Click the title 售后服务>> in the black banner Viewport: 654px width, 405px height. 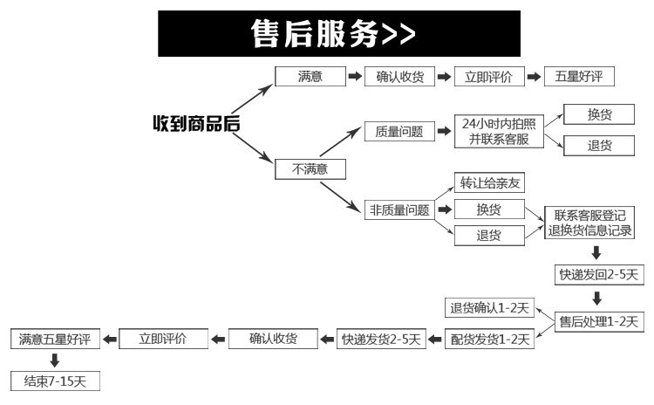point(333,33)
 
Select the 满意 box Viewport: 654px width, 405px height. point(310,77)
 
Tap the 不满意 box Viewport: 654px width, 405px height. point(310,169)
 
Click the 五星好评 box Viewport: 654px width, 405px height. point(579,77)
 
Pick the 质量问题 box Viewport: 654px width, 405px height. point(399,131)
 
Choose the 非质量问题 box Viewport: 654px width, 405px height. point(399,209)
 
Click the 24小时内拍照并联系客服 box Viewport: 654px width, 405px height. point(499,131)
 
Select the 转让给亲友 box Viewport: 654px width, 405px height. point(489,182)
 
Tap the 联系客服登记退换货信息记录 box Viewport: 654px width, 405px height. point(589,223)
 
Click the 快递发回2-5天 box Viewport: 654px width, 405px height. point(599,275)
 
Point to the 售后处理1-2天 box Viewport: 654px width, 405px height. point(599,322)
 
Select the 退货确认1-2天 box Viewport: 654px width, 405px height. point(490,308)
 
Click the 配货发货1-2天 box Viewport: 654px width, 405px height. point(490,339)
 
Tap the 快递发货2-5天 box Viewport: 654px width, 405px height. point(381,339)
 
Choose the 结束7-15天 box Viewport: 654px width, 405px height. point(56,381)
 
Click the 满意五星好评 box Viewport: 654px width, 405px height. point(56,339)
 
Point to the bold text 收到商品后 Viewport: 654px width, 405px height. point(196,124)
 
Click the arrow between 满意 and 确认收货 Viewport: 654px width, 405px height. point(355,77)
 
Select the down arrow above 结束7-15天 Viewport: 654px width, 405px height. point(55,360)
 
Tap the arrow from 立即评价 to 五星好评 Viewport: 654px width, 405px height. point(534,77)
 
